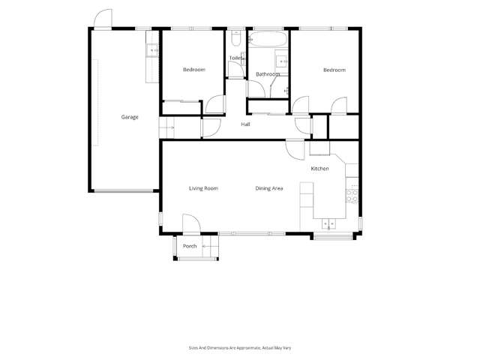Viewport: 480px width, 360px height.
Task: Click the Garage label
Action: [x=130, y=117]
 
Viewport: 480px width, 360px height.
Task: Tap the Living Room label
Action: [x=203, y=188]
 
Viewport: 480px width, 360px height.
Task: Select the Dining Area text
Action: [x=268, y=188]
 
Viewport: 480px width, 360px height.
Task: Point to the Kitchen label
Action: [x=320, y=169]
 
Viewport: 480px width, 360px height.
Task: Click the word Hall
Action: [x=245, y=124]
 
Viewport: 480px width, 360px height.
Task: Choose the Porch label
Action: [x=190, y=246]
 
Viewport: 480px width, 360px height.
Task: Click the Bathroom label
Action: [x=268, y=74]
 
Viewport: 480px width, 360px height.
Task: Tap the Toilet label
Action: [x=235, y=58]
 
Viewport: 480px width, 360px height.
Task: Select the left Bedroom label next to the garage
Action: [x=193, y=70]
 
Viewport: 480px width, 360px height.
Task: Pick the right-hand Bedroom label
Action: [x=334, y=70]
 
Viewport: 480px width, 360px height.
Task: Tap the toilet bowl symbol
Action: [x=235, y=34]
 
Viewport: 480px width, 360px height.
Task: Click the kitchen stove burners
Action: [x=352, y=194]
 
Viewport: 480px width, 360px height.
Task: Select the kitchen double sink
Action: [x=330, y=223]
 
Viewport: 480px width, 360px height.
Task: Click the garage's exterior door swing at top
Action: [x=104, y=19]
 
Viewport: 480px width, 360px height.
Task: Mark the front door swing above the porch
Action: [x=190, y=223]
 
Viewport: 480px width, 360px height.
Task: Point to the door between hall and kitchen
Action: [x=295, y=147]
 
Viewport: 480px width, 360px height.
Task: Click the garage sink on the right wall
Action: [x=151, y=50]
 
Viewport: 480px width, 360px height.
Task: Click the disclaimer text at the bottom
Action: [x=239, y=347]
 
